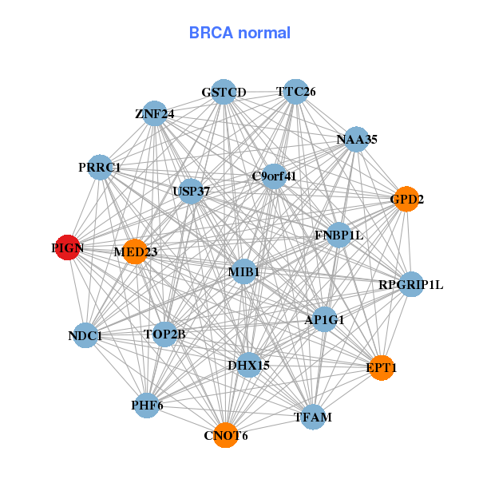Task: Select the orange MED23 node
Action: point(135,251)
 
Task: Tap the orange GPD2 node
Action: point(406,199)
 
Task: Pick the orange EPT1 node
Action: point(381,367)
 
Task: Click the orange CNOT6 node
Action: point(226,435)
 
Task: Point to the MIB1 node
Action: point(243,273)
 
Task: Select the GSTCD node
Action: point(224,92)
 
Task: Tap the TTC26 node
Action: point(296,91)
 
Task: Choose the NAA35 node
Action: point(356,139)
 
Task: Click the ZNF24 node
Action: point(155,113)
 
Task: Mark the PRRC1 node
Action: point(100,167)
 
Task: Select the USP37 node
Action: point(191,192)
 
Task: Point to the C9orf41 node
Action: point(274,176)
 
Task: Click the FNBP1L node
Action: point(338,235)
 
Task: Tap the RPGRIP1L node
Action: point(410,284)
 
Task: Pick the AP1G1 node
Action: point(324,319)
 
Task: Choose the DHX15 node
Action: point(248,365)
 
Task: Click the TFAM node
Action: point(312,417)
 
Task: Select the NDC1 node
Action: point(85,336)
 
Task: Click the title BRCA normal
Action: point(239,33)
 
